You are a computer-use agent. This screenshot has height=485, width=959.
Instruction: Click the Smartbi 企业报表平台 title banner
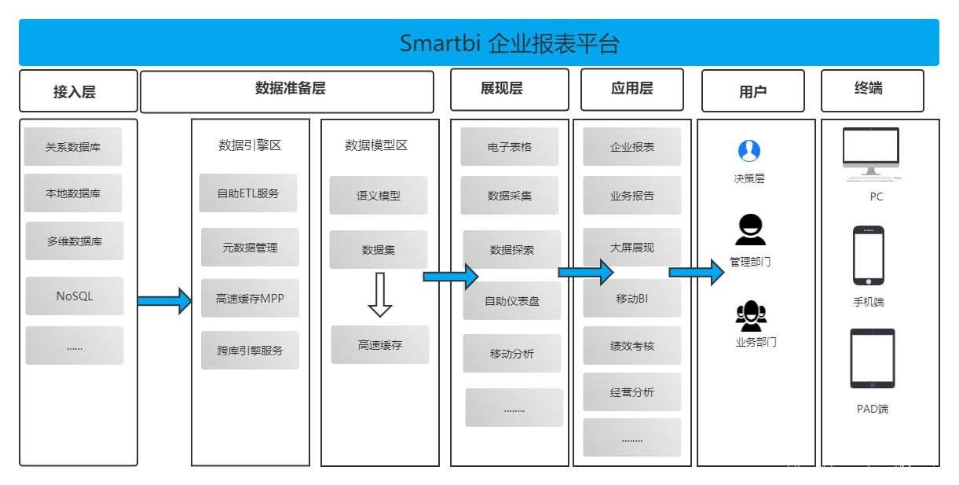(x=479, y=42)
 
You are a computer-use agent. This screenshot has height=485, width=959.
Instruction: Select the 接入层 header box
(x=78, y=91)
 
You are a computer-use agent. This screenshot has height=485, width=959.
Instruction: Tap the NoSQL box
(x=75, y=296)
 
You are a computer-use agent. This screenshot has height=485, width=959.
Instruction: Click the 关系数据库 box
(x=73, y=147)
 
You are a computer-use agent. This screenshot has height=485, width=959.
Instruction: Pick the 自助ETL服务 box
(x=248, y=193)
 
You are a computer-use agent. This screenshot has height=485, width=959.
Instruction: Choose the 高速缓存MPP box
(x=250, y=299)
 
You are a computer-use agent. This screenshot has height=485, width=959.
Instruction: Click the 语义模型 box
(x=379, y=196)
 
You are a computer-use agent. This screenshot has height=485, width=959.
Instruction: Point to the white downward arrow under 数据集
(x=380, y=295)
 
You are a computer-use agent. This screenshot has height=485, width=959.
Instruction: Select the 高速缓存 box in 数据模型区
(x=380, y=345)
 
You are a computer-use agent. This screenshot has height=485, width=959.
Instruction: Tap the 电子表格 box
(x=510, y=147)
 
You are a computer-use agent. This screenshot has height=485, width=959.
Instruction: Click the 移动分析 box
(x=512, y=354)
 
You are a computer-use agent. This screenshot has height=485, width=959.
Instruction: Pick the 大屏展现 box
(x=632, y=248)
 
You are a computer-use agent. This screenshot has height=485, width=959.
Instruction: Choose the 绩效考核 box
(x=632, y=346)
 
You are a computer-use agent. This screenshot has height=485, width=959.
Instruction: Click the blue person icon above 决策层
(x=749, y=151)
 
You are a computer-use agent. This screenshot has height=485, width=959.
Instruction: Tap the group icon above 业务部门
(x=751, y=316)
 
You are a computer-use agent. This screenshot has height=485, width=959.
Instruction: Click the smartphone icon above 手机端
(x=869, y=255)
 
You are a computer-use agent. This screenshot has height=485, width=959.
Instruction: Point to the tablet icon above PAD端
(x=873, y=358)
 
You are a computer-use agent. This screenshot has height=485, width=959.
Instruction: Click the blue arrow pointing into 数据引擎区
(x=165, y=300)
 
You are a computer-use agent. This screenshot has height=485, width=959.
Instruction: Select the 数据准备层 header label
(x=291, y=88)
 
